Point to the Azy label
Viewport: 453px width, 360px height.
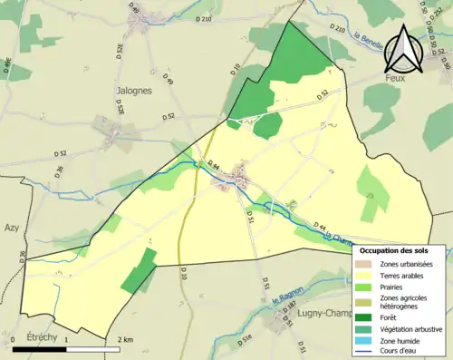11,228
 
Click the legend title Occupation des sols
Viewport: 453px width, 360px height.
400,250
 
